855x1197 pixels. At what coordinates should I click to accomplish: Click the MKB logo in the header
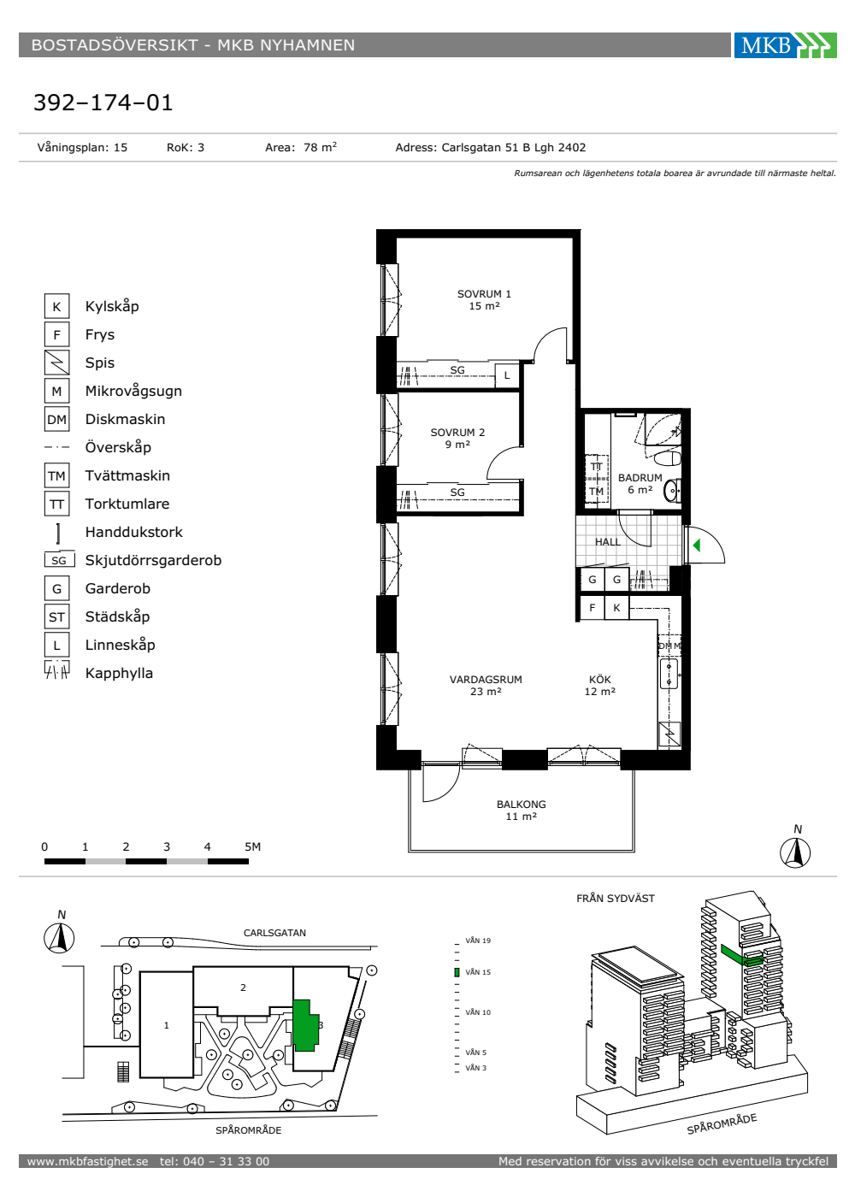785,44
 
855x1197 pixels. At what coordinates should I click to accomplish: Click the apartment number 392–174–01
103,103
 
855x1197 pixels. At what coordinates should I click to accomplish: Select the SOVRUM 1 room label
484,300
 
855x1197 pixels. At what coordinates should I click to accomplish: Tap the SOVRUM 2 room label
457,438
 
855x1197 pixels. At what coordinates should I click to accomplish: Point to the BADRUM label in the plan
640,483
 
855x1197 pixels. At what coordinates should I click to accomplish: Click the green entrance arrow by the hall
696,545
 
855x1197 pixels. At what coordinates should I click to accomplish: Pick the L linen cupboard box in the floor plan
506,375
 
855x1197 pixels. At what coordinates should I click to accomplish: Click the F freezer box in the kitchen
592,608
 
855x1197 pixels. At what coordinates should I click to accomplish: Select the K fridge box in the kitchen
616,608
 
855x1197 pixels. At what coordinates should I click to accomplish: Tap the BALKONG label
521,810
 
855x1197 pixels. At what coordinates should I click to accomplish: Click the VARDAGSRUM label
486,685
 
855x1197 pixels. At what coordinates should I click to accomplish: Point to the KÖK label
599,685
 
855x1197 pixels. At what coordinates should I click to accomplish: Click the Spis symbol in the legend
56,363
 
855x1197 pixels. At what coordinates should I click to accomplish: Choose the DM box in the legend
56,419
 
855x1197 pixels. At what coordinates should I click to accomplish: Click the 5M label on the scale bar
252,846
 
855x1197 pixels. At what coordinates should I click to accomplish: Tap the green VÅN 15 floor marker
457,973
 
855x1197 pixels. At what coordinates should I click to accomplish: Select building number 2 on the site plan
243,988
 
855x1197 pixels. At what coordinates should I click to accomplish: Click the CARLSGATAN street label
274,933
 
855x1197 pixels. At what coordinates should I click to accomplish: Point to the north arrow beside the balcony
795,852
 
